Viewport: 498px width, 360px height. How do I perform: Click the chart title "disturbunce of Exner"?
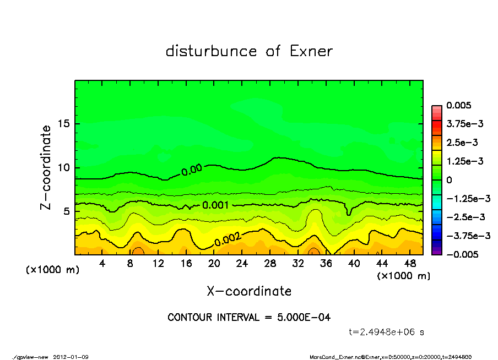[x=249, y=51]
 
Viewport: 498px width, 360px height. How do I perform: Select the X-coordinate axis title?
[x=249, y=291]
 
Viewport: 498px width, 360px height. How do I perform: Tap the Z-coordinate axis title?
[x=46, y=167]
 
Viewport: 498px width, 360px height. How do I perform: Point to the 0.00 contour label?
[x=191, y=170]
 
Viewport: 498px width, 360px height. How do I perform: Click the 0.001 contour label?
[x=216, y=205]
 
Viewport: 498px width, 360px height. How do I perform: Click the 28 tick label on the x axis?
[x=270, y=263]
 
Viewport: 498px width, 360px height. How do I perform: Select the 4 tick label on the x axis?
[x=102, y=263]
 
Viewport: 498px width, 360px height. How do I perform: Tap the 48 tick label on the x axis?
[x=409, y=263]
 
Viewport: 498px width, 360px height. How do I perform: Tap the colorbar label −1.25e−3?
[x=466, y=198]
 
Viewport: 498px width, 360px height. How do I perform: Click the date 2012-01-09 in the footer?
[x=71, y=357]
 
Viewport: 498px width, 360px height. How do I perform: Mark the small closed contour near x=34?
[x=313, y=251]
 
